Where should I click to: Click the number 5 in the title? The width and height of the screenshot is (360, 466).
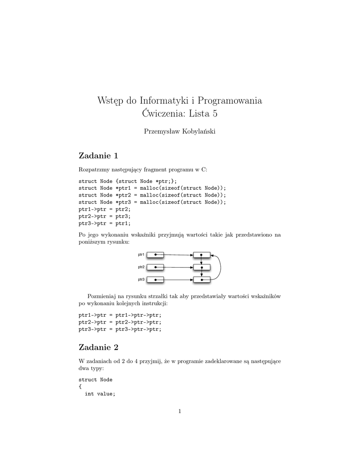214,113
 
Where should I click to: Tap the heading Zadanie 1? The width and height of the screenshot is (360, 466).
98,156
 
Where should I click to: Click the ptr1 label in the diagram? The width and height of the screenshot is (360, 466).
141,254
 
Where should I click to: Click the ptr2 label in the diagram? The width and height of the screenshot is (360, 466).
141,267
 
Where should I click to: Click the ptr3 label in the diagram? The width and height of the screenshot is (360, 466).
141,279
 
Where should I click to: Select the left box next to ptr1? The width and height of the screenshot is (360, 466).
155,254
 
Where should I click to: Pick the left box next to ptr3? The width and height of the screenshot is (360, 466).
155,279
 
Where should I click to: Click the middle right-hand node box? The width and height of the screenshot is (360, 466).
202,267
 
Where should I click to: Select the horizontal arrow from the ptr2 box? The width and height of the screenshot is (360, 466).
177,267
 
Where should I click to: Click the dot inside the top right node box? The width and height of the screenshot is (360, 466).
201,255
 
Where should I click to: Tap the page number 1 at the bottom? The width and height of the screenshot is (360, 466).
180,412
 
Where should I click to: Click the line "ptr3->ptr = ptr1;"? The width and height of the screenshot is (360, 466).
104,223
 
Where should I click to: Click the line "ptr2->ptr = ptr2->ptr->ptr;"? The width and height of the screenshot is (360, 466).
120,322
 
